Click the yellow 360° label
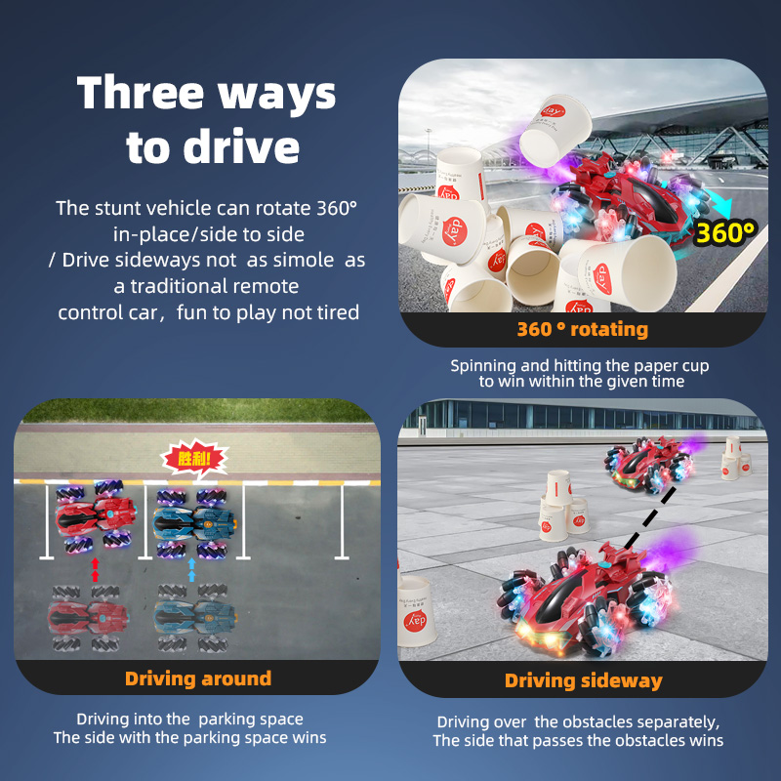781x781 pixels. (724, 232)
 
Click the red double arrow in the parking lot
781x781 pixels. (95, 569)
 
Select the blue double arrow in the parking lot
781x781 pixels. (191, 569)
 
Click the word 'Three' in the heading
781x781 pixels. (141, 93)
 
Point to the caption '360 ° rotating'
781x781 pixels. (582, 329)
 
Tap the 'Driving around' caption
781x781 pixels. (198, 678)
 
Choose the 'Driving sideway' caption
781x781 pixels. (583, 680)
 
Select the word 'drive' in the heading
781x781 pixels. (241, 147)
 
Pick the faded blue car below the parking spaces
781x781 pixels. (194, 618)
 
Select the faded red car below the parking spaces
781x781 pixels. (88, 618)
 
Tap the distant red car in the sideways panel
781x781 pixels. (649, 465)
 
